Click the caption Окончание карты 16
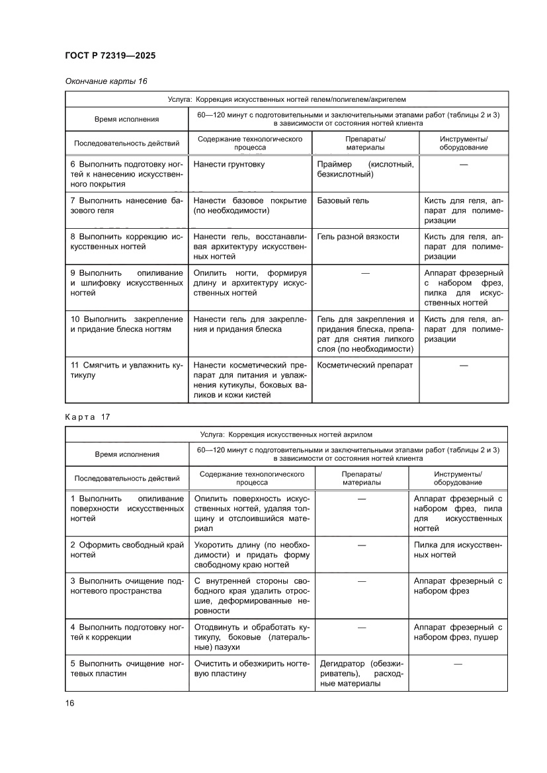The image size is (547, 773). (x=106, y=81)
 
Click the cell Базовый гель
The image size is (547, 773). (x=343, y=200)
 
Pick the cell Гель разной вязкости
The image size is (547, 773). (x=358, y=237)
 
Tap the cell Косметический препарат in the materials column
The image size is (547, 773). (x=365, y=365)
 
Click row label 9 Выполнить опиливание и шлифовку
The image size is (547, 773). (x=126, y=282)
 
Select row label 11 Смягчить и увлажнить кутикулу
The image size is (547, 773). (x=126, y=370)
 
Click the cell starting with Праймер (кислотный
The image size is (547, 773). (x=365, y=169)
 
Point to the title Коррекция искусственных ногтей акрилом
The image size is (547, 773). (x=286, y=434)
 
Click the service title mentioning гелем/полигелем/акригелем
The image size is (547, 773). (x=286, y=99)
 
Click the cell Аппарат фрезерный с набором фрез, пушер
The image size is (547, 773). (x=458, y=632)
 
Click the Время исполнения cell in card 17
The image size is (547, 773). (x=126, y=454)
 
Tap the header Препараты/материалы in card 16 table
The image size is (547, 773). (x=365, y=143)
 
